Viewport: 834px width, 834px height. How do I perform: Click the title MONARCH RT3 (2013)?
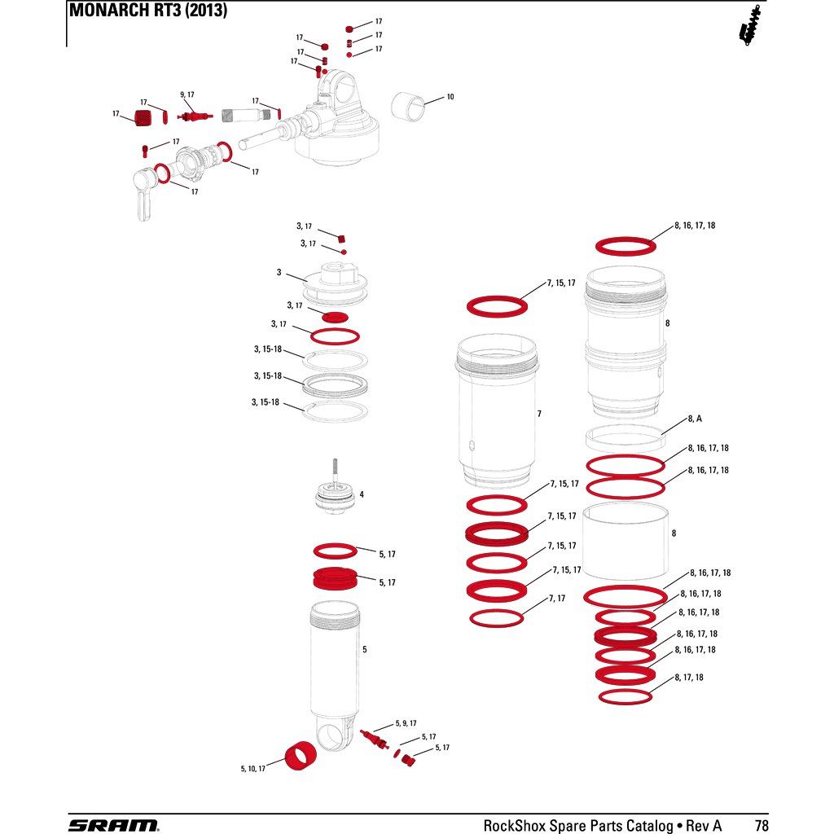pyautogui.click(x=148, y=10)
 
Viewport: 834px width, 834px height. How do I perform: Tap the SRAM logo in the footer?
pyautogui.click(x=113, y=825)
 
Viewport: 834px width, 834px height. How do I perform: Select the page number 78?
pyautogui.click(x=762, y=825)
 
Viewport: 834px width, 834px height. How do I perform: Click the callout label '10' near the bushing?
pyautogui.click(x=450, y=97)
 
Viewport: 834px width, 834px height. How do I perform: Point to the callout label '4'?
pyautogui.click(x=362, y=494)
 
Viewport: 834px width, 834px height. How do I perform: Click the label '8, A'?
pyautogui.click(x=695, y=419)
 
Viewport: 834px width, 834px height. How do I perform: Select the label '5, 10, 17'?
pyautogui.click(x=252, y=769)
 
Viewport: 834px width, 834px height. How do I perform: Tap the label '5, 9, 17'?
pyautogui.click(x=406, y=723)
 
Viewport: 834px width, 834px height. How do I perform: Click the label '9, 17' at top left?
pyautogui.click(x=187, y=94)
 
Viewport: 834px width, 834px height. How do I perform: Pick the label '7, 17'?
pyautogui.click(x=557, y=599)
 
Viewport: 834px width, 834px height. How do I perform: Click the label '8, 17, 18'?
pyautogui.click(x=689, y=677)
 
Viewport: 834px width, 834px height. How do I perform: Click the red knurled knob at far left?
pyautogui.click(x=143, y=117)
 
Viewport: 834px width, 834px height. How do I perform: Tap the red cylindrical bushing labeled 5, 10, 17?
pyautogui.click(x=300, y=757)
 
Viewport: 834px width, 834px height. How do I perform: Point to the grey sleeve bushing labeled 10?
pyautogui.click(x=409, y=105)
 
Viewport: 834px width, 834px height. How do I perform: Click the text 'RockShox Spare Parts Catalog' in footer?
pyautogui.click(x=578, y=825)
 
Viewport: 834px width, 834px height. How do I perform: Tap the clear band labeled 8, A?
pyautogui.click(x=625, y=439)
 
